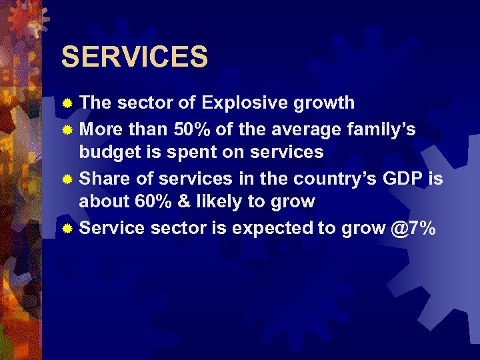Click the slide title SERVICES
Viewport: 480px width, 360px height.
(135, 57)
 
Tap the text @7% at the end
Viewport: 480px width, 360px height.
(413, 227)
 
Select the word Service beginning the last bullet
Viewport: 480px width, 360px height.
(111, 227)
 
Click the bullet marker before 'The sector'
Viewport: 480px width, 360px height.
(67, 103)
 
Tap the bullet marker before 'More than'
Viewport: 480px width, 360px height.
(67, 128)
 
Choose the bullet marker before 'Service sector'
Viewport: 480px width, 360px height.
(67, 228)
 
